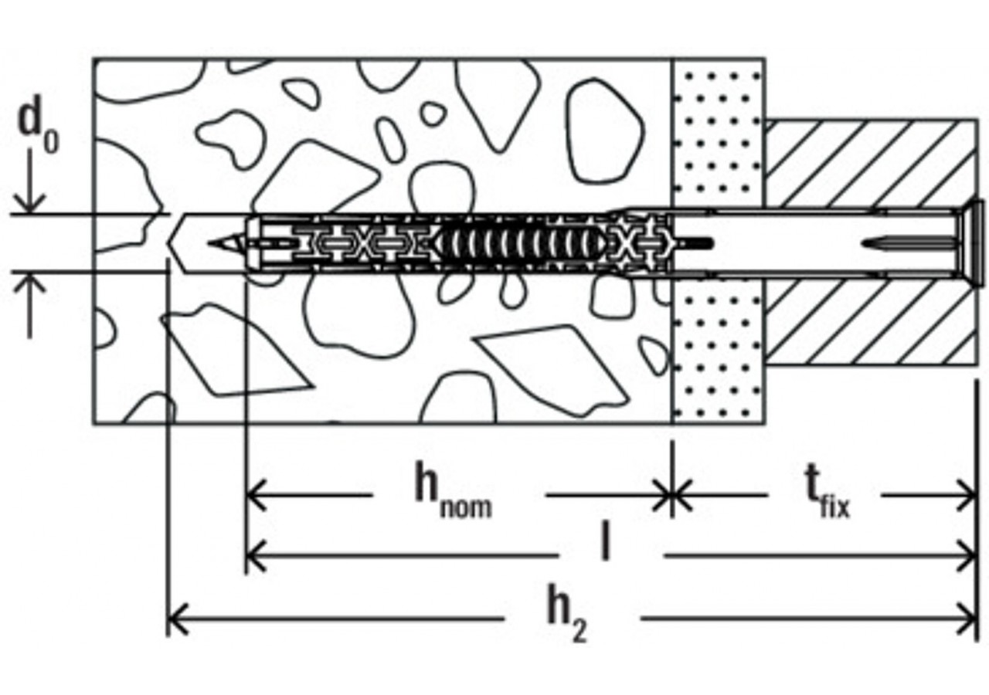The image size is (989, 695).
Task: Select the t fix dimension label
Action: coord(826,494)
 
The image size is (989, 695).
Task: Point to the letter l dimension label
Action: coord(606,543)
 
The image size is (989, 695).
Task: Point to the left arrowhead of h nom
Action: coord(253,495)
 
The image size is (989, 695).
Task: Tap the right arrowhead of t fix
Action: coord(969,495)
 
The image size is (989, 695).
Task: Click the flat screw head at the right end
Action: coord(974,242)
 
